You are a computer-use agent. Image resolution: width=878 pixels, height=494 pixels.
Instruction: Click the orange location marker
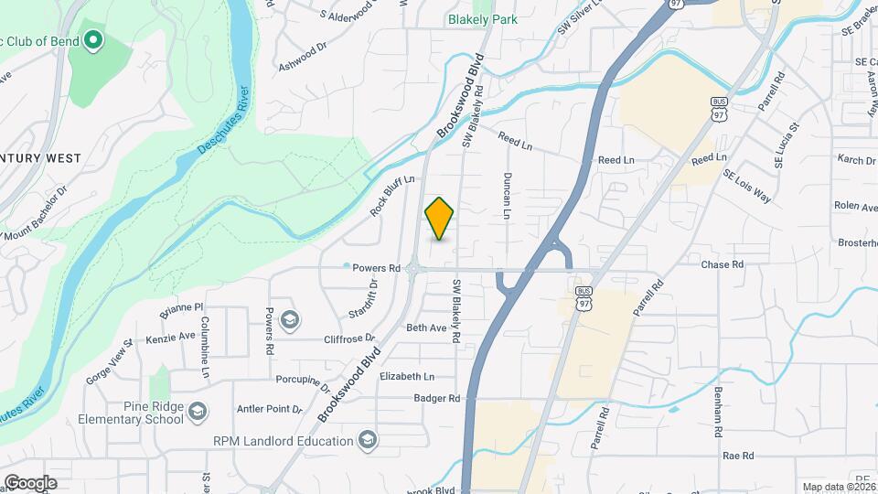coord(439,218)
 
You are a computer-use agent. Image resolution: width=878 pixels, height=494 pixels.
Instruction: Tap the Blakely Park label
coord(483,19)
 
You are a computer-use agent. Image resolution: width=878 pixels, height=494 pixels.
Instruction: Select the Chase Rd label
coord(722,264)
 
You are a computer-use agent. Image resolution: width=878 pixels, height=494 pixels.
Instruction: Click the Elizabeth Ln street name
coord(407,376)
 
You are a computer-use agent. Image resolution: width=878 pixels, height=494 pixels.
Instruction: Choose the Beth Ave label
coord(426,328)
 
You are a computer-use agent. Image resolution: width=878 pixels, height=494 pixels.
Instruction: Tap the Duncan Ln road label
coord(506,196)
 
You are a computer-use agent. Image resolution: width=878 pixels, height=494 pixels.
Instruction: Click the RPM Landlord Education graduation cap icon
coord(367,442)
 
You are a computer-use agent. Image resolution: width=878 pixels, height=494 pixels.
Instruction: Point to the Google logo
coord(30,482)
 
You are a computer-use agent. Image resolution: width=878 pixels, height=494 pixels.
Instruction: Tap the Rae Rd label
coord(737,455)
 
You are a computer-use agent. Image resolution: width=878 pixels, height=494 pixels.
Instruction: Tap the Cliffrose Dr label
coord(345,338)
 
